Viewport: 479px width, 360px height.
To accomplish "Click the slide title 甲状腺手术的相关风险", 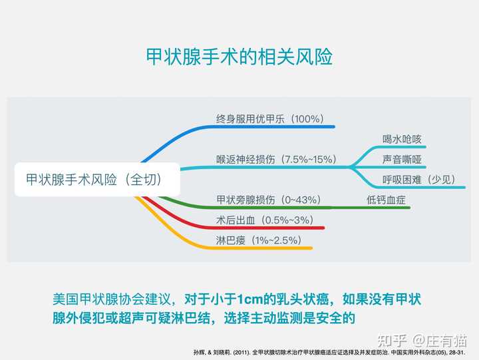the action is point(239,57).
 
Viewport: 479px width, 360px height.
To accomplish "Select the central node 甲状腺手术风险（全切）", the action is point(97,180).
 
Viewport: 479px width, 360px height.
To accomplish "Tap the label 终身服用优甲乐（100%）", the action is point(269,118).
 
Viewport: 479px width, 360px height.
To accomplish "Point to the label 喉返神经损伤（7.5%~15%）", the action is point(277,159).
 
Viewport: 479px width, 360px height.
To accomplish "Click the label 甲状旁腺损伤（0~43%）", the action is point(269,200).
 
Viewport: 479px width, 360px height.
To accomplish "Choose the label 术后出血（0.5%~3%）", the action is point(265,220).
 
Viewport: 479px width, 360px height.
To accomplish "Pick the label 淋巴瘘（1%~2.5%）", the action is point(259,240).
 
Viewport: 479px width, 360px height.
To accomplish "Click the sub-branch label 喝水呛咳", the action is point(402,139).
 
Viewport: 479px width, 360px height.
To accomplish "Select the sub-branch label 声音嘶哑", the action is point(402,159).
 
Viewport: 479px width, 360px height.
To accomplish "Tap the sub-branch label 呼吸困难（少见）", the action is point(419,180).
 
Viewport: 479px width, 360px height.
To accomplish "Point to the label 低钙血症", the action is point(386,200).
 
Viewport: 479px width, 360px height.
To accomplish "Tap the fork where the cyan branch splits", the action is point(350,167).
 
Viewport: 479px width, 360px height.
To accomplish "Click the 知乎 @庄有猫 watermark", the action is point(422,341).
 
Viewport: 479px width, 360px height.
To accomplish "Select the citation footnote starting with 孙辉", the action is point(329,353).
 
